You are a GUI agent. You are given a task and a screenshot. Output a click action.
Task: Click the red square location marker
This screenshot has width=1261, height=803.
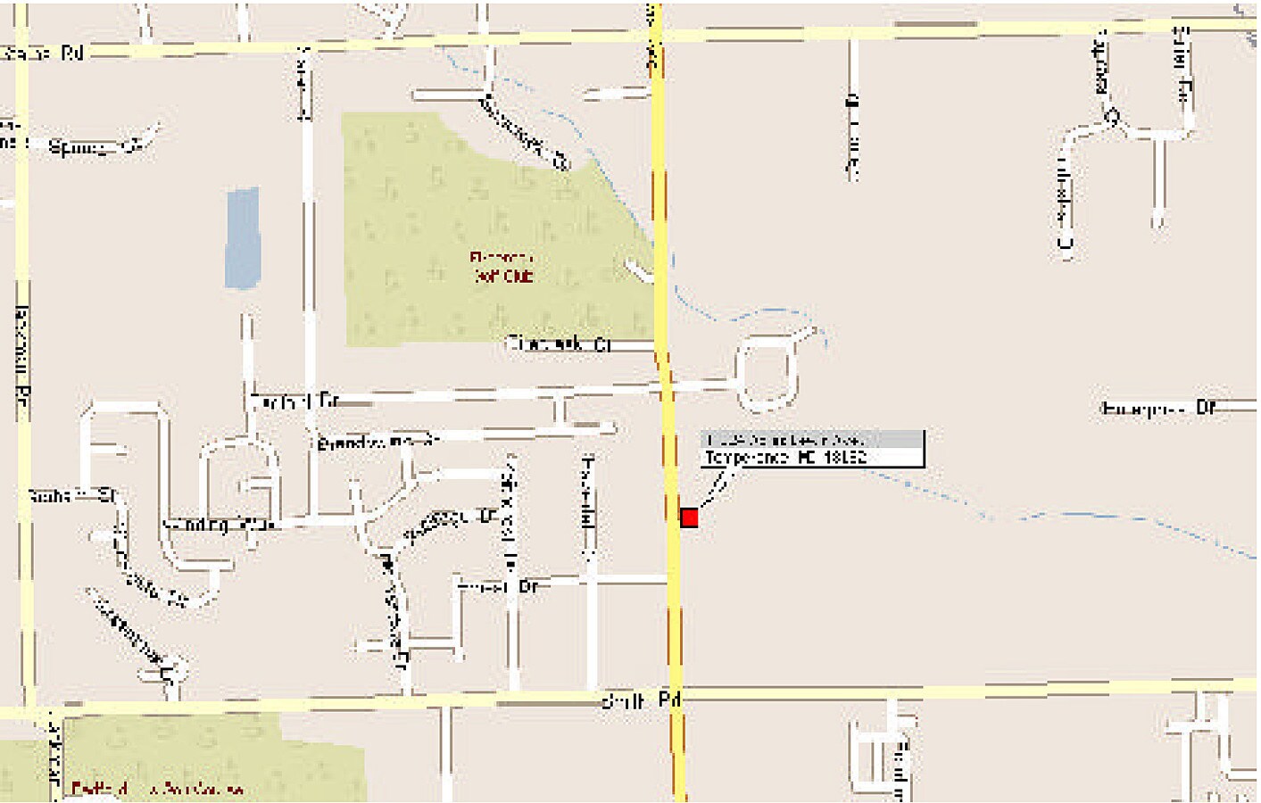[689, 517]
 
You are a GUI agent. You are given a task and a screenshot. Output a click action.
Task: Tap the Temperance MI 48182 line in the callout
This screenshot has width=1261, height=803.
[785, 458]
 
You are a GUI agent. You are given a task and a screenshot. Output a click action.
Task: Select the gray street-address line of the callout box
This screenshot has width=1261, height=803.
[785, 440]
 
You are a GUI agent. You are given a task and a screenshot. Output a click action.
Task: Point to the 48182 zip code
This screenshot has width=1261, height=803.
[844, 458]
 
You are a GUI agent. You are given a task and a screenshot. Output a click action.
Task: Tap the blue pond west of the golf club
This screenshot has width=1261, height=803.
[242, 238]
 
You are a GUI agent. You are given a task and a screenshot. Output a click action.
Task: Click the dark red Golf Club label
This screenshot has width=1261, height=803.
[502, 268]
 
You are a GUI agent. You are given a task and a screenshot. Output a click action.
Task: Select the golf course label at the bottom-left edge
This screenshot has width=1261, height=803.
[156, 789]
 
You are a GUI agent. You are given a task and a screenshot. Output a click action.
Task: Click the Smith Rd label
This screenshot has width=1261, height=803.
[641, 700]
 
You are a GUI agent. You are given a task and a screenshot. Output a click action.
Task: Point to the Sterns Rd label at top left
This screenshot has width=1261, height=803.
[43, 54]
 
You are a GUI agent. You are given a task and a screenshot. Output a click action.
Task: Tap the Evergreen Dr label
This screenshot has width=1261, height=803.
[1158, 409]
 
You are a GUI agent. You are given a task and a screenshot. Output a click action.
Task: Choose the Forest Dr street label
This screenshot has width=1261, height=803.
[498, 587]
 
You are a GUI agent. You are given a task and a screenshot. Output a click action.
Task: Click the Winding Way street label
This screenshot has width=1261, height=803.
[218, 525]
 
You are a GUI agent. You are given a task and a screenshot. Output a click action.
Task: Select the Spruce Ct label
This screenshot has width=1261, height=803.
[96, 147]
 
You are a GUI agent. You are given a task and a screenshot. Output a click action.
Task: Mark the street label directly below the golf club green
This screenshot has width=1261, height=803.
[558, 344]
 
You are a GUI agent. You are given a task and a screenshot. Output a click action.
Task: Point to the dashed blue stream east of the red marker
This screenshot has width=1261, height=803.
[1071, 515]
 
